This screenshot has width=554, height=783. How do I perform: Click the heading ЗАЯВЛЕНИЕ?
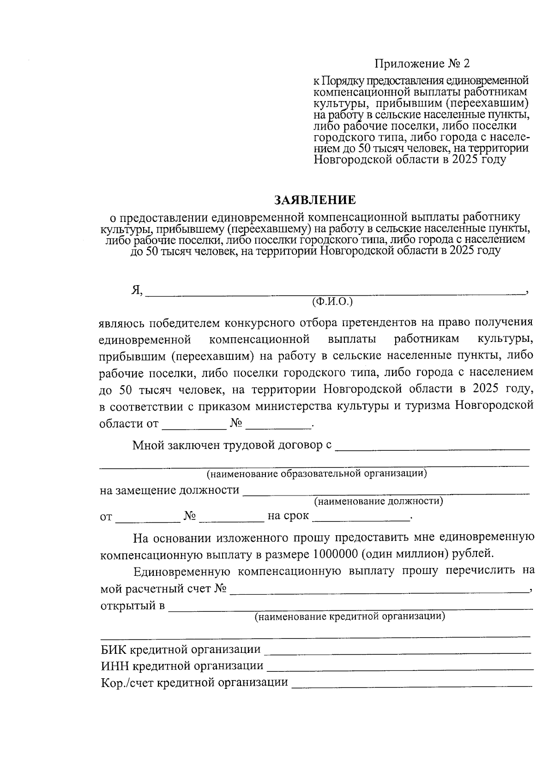click(x=315, y=200)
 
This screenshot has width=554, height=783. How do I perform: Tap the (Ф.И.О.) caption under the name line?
click(x=332, y=302)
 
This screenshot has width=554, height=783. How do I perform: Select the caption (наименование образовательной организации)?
click(x=316, y=473)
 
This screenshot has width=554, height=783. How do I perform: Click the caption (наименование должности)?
click(x=379, y=501)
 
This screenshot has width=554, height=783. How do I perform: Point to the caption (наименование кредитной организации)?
click(x=350, y=616)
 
